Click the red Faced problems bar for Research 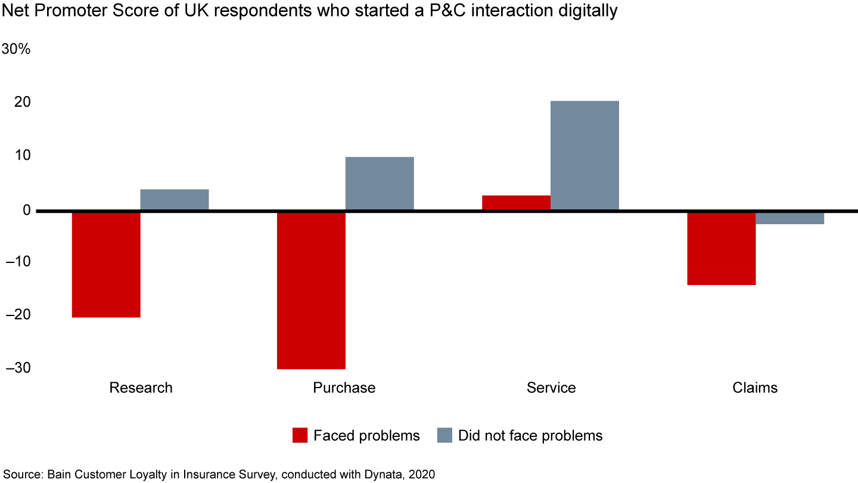click(106, 264)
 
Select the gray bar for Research click(175, 200)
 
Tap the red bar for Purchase click(311, 290)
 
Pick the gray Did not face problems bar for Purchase click(380, 184)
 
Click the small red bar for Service click(516, 203)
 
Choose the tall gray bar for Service click(585, 156)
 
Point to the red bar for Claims click(721, 248)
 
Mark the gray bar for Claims click(789, 218)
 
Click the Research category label click(141, 388)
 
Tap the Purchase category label click(344, 388)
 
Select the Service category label click(551, 388)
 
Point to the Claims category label click(755, 388)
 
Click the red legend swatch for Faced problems click(300, 436)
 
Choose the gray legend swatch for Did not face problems click(444, 436)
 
